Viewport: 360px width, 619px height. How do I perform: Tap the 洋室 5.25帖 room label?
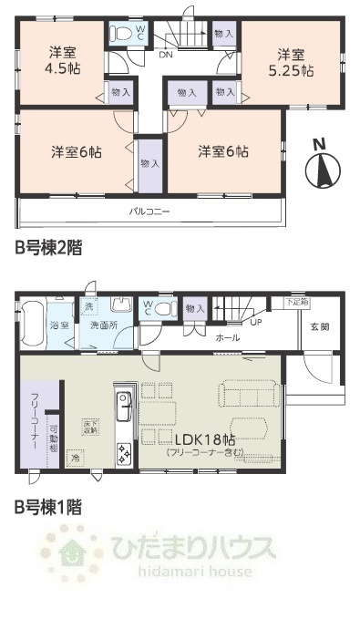point(290,60)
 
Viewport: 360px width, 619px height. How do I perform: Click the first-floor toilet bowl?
point(163,308)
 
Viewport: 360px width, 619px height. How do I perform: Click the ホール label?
point(227,337)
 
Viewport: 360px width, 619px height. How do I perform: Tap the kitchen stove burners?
point(123,451)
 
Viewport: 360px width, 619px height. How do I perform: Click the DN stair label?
point(165,55)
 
